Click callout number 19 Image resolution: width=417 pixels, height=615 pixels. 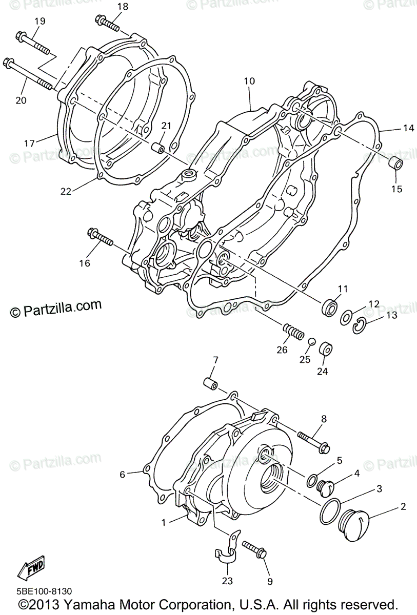click(39, 22)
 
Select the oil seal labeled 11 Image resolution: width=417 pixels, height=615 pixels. click(329, 307)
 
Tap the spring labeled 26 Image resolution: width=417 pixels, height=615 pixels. click(292, 332)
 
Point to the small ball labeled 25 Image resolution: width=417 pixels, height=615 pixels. click(310, 341)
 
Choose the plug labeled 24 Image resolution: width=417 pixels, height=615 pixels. click(325, 349)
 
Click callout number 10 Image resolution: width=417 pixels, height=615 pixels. click(249, 81)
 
